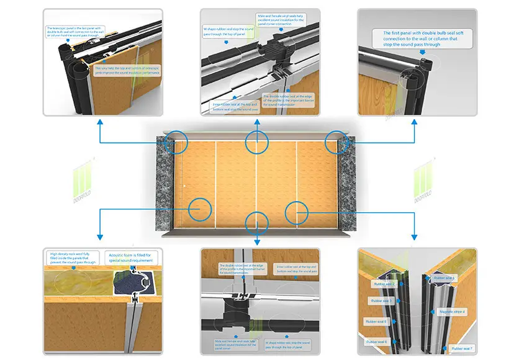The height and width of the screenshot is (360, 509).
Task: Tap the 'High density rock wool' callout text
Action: (x=74, y=258)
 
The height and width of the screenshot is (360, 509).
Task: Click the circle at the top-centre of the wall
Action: (x=256, y=142)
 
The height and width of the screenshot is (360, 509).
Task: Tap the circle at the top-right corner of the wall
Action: (x=337, y=142)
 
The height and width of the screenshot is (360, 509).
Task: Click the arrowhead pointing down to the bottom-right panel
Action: (x=414, y=237)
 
